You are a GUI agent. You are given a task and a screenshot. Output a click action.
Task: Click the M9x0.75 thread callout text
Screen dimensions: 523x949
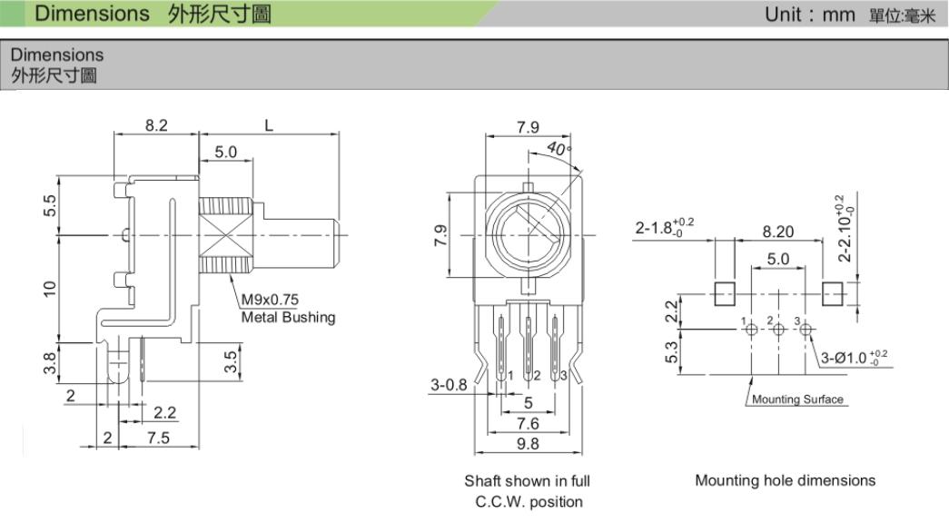[x=270, y=301]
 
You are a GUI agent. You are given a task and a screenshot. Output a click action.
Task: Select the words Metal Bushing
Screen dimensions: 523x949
[x=287, y=317]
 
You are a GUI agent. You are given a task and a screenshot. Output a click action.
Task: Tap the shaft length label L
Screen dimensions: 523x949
[x=269, y=126]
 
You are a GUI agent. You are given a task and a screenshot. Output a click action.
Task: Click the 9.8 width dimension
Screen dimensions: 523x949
[x=527, y=444]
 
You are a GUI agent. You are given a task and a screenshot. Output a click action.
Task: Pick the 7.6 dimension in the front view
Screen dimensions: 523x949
[x=528, y=423]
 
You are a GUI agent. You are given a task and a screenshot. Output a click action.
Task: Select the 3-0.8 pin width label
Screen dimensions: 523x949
[x=449, y=384]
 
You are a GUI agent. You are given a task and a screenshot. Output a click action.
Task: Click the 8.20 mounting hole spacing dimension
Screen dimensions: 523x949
[x=777, y=232]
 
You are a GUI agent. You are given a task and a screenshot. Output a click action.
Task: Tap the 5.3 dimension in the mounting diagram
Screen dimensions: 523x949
[x=671, y=350]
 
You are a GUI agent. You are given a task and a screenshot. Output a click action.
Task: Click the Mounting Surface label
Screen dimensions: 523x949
[x=796, y=400]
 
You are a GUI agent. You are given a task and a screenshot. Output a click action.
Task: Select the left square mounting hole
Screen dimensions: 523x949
[x=724, y=294]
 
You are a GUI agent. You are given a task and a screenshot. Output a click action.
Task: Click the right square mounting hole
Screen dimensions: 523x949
[x=833, y=294]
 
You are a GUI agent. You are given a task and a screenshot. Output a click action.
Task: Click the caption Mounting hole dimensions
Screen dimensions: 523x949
[x=785, y=480]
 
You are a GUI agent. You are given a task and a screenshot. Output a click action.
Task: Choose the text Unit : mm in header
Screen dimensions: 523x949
[x=810, y=15]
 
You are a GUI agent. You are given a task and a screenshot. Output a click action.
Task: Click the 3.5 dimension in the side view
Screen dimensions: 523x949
[x=231, y=360]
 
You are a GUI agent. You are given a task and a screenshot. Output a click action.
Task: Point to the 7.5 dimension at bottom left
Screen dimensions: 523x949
[x=159, y=438]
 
